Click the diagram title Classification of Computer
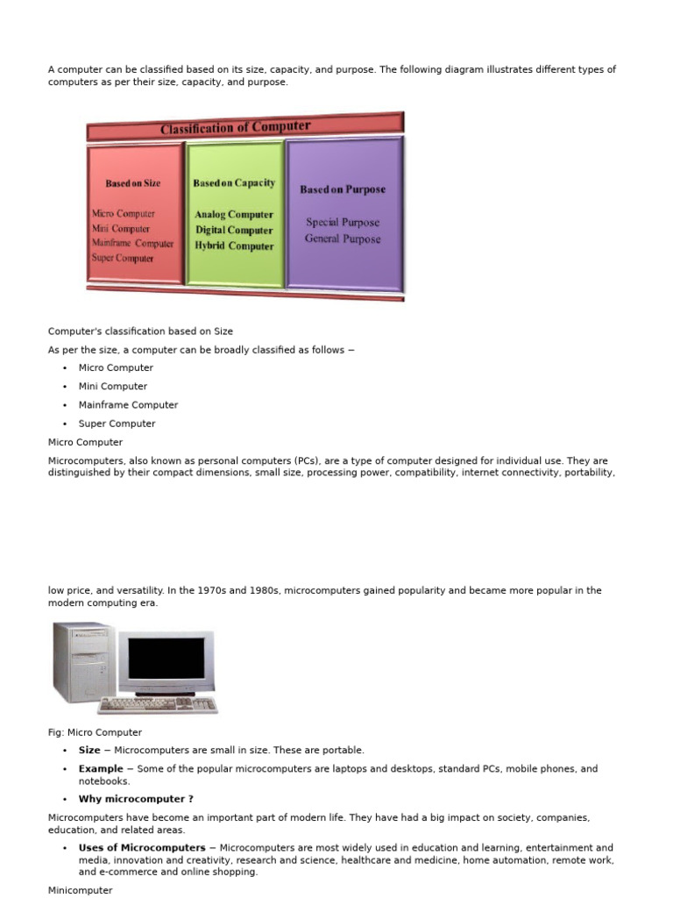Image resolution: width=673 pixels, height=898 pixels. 235,128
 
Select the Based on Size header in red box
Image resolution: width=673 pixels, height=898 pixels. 133,183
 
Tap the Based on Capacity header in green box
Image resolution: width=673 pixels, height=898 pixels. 234,183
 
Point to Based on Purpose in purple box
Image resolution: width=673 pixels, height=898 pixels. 343,189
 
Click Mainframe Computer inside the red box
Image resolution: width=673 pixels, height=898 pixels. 132,243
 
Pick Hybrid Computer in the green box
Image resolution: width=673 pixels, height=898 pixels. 234,246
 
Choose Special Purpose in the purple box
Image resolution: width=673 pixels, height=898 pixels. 343,222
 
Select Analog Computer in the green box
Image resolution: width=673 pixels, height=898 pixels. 234,214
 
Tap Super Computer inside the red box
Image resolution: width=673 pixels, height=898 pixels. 123,258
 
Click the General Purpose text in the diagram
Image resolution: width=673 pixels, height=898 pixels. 343,239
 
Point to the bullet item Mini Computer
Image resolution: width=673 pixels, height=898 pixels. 113,386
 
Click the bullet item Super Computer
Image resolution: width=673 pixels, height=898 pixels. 117,424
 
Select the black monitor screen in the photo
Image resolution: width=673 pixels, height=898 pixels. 166,659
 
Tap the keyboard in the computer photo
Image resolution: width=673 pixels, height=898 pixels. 158,704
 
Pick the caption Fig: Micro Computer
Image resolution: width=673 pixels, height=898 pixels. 95,732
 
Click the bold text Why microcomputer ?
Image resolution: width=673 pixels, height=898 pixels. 136,799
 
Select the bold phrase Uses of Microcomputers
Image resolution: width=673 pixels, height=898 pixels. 143,848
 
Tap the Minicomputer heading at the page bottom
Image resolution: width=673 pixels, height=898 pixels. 81,890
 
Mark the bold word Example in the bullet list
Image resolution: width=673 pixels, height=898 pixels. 101,769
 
